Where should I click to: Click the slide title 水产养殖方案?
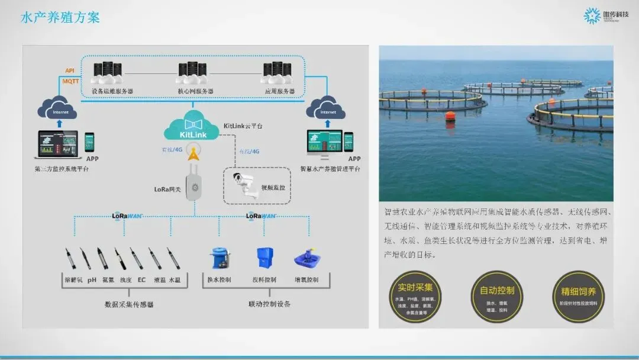60,17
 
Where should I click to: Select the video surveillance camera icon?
245,184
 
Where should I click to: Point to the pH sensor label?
92,279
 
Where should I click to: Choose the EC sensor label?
141,279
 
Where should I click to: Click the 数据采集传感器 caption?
129,304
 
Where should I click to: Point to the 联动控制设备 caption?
269,304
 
